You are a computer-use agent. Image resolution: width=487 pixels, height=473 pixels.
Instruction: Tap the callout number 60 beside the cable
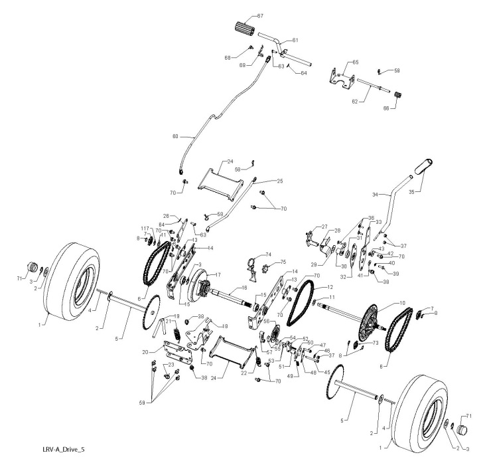[176, 137]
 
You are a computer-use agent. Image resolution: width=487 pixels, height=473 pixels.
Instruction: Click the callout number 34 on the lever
[375, 195]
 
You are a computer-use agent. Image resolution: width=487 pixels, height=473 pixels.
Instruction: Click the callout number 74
[269, 255]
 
